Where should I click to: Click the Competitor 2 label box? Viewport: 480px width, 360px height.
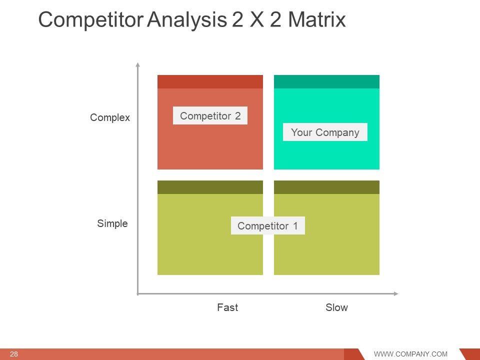[x=210, y=115]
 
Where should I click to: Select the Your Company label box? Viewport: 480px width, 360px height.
[x=325, y=132]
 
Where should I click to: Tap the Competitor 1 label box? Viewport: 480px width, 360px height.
[x=268, y=225]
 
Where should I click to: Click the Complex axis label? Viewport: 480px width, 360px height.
[x=110, y=117]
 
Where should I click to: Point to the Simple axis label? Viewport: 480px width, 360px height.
[x=112, y=223]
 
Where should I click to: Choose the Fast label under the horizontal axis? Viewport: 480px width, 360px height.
[x=227, y=307]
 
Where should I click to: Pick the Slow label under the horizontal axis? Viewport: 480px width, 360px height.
[x=336, y=307]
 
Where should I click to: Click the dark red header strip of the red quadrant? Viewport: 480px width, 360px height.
[x=210, y=81]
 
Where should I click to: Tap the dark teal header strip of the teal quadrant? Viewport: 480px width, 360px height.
[x=326, y=81]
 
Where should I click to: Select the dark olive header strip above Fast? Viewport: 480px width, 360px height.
[x=210, y=187]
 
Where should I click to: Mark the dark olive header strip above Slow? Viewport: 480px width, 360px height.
[x=326, y=187]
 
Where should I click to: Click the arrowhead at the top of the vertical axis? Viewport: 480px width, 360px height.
[x=138, y=64]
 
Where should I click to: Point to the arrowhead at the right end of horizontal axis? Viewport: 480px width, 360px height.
[x=396, y=293]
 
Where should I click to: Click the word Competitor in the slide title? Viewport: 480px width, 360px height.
[x=91, y=19]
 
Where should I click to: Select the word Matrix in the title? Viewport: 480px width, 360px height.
[x=317, y=19]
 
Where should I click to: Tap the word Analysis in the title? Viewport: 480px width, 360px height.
[x=186, y=20]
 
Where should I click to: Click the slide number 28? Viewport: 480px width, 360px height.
[x=14, y=354]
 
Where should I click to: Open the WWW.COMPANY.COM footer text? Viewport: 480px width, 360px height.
[x=410, y=354]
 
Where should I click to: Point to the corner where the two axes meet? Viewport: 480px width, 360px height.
[x=138, y=294]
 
